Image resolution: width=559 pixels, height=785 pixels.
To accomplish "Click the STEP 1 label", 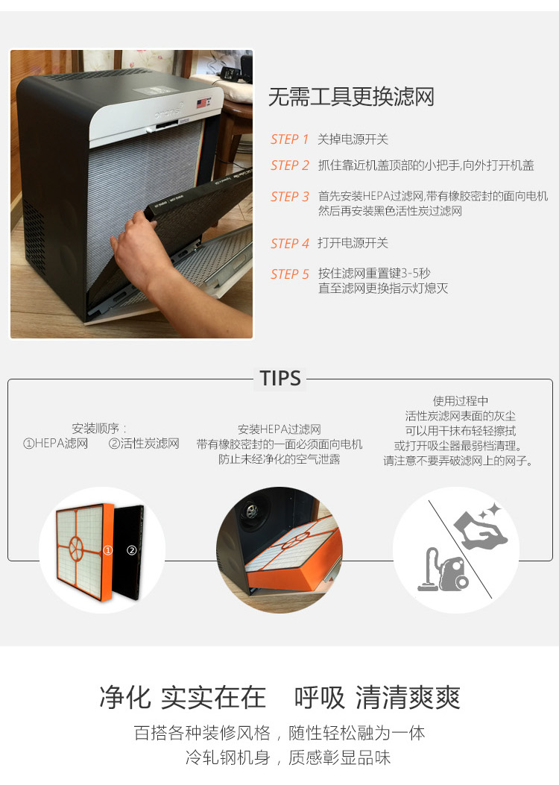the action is [290, 139].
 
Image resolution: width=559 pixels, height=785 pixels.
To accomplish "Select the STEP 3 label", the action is [290, 197].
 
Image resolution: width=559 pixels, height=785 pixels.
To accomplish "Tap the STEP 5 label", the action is [290, 274].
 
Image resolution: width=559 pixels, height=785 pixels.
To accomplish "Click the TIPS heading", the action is [280, 379].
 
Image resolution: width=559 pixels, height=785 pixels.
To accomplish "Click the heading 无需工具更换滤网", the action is [351, 97].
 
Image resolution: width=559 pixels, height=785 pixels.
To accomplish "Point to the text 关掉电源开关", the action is [353, 139].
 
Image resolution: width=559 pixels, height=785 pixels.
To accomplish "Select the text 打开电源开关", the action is [353, 243].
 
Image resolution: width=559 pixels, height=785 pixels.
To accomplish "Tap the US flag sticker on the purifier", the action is [202, 104].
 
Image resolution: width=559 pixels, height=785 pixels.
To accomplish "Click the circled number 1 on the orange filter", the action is [107, 550].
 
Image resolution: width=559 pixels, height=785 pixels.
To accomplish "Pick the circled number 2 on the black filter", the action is [132, 550].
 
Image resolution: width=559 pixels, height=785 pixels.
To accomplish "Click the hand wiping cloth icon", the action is [481, 528].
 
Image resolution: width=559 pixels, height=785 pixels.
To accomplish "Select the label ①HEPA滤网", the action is [56, 444].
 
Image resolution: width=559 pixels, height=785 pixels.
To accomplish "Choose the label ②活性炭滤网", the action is [144, 444].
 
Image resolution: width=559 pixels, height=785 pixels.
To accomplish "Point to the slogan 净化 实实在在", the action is [183, 697].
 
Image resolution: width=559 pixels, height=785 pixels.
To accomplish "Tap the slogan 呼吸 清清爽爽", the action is [377, 697].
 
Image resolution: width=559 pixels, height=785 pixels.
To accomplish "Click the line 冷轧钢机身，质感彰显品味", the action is [288, 757].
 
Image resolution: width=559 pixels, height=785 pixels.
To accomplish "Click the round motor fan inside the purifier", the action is [250, 511].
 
